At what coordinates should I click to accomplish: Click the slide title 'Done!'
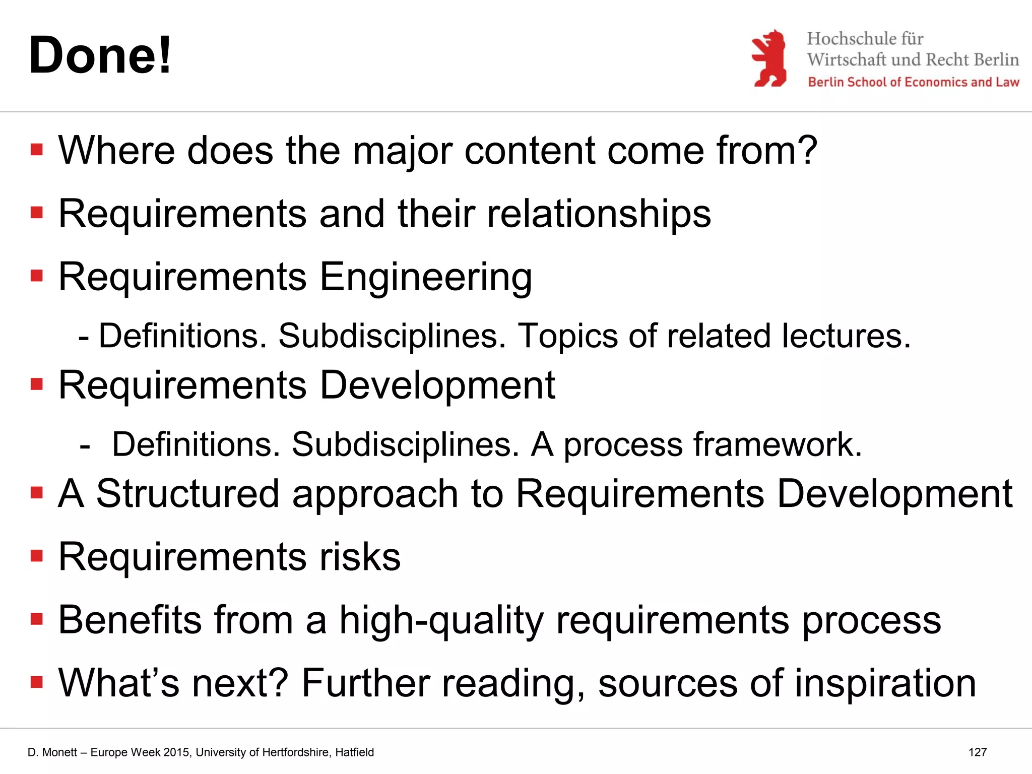pyautogui.click(x=100, y=55)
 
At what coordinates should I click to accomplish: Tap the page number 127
pyautogui.click(x=977, y=752)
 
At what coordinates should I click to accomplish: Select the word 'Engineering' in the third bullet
pyautogui.click(x=426, y=277)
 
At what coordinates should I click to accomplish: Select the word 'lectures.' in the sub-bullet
pyautogui.click(x=847, y=336)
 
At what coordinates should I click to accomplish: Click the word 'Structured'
pyautogui.click(x=187, y=494)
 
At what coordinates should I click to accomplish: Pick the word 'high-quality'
pyautogui.click(x=441, y=620)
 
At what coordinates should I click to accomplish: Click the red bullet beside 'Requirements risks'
pyautogui.click(x=37, y=556)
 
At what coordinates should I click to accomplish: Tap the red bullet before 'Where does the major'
pyautogui.click(x=37, y=150)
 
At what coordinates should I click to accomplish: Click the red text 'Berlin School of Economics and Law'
pyautogui.click(x=913, y=82)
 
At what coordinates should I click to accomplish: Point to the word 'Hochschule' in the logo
pyautogui.click(x=847, y=39)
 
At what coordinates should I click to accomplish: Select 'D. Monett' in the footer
pyautogui.click(x=52, y=752)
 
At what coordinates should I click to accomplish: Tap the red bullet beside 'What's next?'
pyautogui.click(x=37, y=682)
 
